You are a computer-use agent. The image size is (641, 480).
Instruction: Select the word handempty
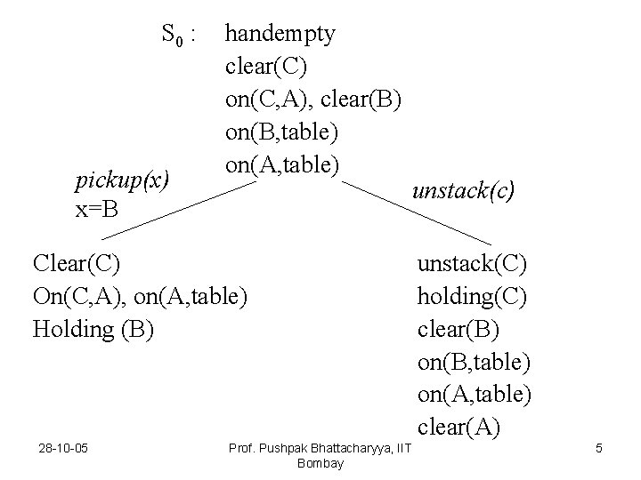(280, 35)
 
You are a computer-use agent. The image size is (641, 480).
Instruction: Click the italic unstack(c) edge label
(463, 190)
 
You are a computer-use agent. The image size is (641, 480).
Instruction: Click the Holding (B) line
(93, 329)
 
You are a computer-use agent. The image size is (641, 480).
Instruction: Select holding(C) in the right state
(472, 296)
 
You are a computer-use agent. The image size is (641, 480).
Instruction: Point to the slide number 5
(599, 448)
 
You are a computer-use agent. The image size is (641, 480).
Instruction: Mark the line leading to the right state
(418, 213)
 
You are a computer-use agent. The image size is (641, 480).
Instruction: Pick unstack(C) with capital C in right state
(472, 263)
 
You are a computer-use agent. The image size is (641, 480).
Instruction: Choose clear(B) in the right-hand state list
(458, 329)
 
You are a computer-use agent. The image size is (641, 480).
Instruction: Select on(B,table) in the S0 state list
(282, 132)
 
